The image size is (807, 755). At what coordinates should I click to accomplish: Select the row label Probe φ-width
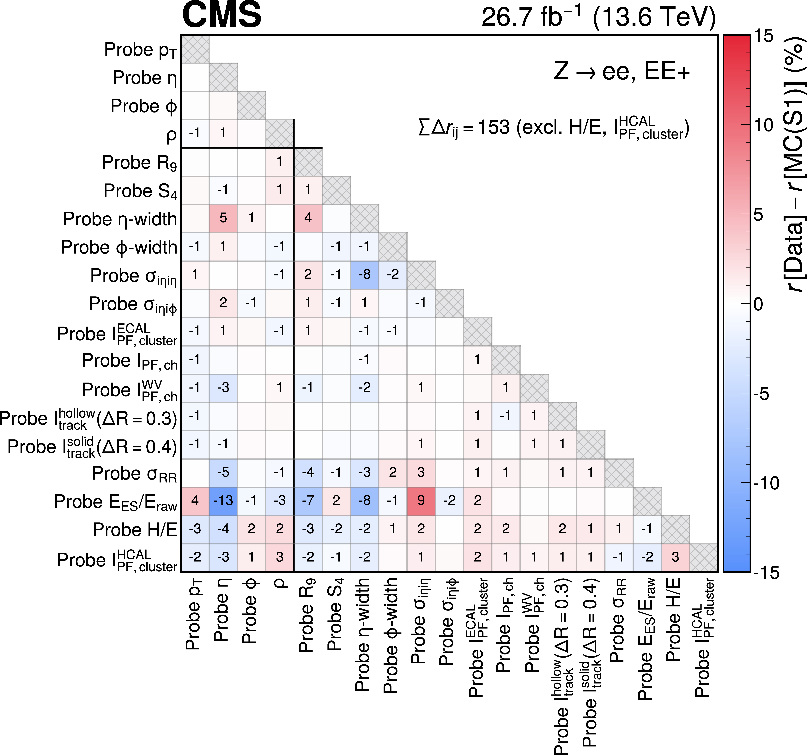(119, 247)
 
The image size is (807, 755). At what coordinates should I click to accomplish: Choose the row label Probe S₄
(140, 191)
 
